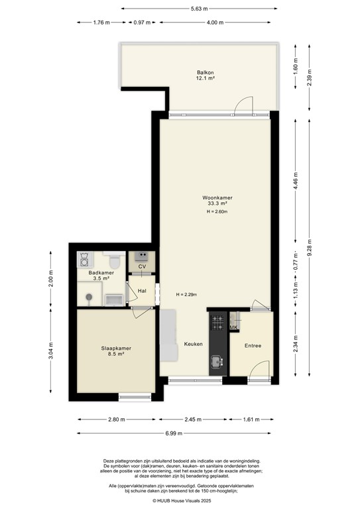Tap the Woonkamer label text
217,198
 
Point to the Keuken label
193,344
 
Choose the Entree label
253,345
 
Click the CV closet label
141,266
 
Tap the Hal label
141,290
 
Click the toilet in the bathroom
113,256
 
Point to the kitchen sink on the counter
217,361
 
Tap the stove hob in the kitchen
217,322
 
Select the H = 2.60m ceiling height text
217,212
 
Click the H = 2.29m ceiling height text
186,295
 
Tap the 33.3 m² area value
217,205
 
